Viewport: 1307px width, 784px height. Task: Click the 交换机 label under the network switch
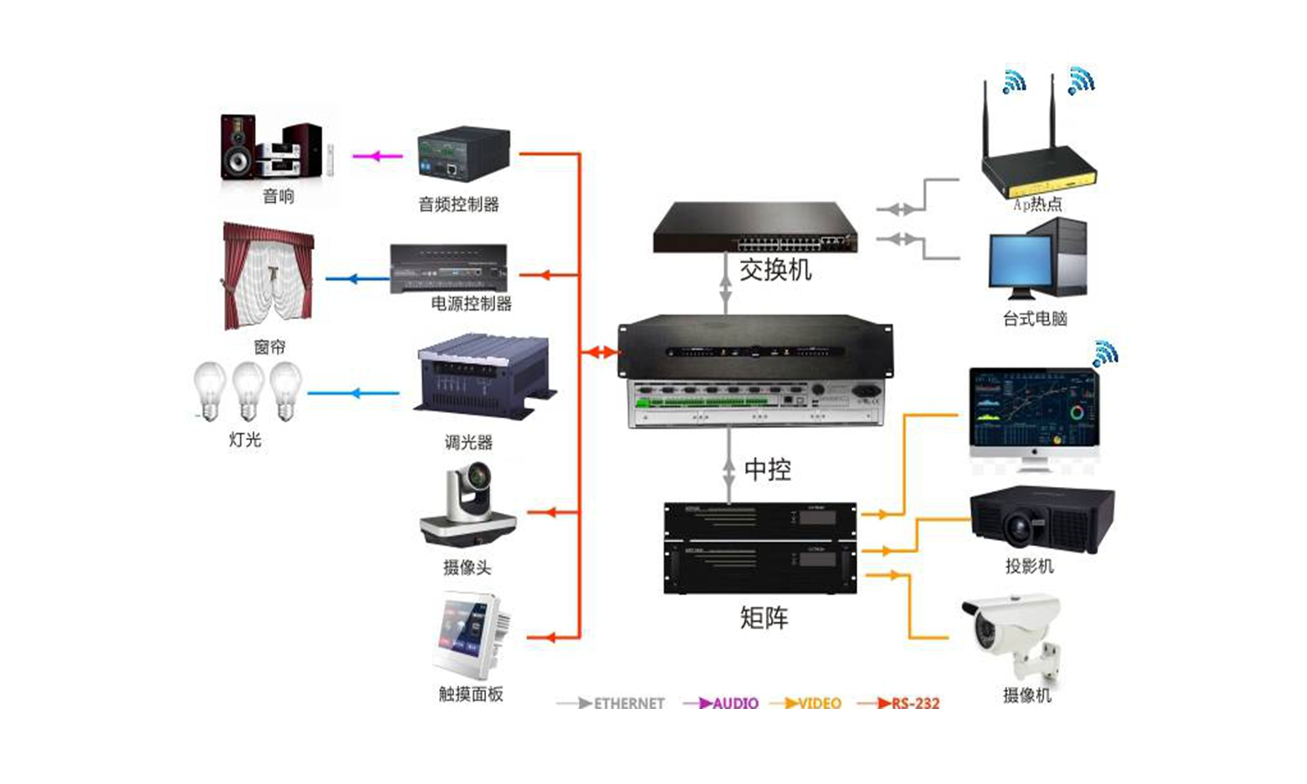coord(775,270)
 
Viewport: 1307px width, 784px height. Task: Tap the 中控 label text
coord(768,470)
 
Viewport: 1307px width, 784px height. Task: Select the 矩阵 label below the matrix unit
coord(764,618)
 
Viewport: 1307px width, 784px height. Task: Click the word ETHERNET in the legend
coord(628,703)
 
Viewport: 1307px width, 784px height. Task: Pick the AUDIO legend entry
coord(735,703)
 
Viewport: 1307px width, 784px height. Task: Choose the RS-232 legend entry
coord(915,703)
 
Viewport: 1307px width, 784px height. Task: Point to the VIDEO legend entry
coord(819,703)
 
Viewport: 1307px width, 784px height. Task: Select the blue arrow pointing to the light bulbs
coord(353,393)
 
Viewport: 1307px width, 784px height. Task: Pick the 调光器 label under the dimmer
coord(469,443)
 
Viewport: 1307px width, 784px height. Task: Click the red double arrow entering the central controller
coord(600,353)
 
